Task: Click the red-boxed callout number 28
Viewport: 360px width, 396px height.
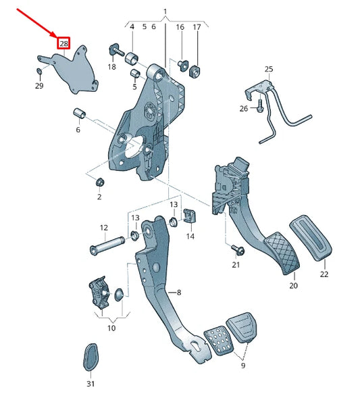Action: tap(63, 43)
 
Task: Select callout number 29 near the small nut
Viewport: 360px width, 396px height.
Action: tap(39, 86)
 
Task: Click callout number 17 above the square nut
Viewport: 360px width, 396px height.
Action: tap(197, 27)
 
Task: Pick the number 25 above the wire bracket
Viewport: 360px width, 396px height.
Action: tap(269, 70)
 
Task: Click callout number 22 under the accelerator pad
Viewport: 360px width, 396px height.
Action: tap(324, 274)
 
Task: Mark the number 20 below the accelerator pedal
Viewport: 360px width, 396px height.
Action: tap(293, 286)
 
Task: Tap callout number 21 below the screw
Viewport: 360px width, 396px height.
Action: tap(236, 264)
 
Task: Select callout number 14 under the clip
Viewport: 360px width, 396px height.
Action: tap(190, 237)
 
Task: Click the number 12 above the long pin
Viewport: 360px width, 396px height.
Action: tap(104, 228)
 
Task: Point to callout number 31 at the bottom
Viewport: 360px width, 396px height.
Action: tap(90, 383)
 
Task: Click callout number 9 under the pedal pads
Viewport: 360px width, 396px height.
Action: tap(242, 366)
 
